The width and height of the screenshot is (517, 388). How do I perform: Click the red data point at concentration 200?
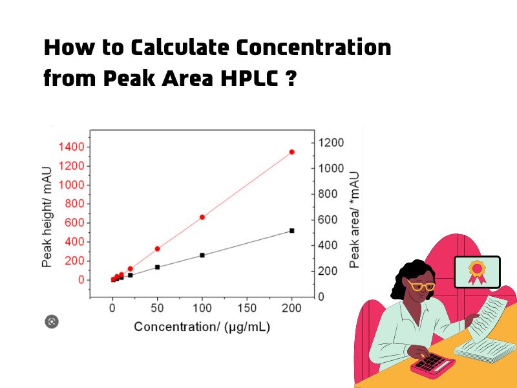tap(291, 152)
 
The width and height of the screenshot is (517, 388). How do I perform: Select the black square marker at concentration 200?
tap(291, 230)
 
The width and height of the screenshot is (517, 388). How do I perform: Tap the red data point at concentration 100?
tap(202, 217)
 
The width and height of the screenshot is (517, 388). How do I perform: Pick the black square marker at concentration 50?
tap(157, 266)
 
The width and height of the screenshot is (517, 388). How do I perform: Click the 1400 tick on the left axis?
tap(72, 147)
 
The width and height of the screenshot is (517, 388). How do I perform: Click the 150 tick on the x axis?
tap(247, 308)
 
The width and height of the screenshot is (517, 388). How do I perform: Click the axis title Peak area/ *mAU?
tap(354, 220)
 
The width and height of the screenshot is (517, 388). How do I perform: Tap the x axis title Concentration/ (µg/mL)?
tap(202, 327)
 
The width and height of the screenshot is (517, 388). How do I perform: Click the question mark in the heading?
tap(290, 79)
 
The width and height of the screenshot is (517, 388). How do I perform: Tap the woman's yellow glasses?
tap(421, 285)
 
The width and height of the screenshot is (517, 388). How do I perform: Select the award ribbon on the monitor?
tap(477, 270)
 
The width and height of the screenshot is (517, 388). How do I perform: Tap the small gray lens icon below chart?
tap(52, 321)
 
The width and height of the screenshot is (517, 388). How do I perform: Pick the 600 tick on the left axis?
tap(74, 222)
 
